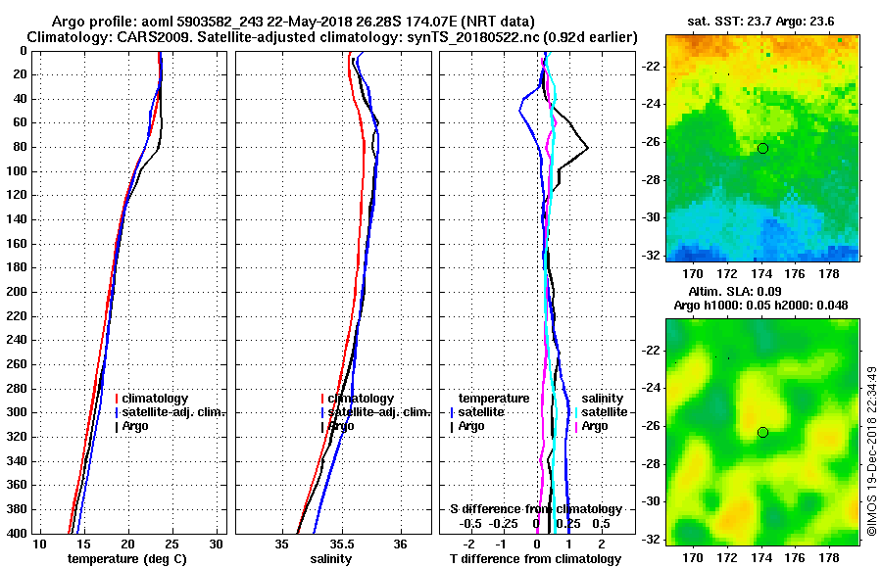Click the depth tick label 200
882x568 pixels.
tap(17, 292)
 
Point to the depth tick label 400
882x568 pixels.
tap(17, 533)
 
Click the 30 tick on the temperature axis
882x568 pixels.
tap(217, 544)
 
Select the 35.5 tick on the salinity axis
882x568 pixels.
tap(342, 544)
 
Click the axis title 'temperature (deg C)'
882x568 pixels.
tap(127, 559)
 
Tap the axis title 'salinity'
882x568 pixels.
tap(331, 559)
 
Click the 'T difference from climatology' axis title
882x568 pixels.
tap(535, 559)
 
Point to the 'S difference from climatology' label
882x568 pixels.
tap(535, 509)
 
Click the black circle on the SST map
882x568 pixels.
tap(762, 148)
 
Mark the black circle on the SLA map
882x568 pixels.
tap(762, 432)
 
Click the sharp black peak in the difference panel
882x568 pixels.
tap(587, 148)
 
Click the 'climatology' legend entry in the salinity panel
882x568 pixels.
tap(361, 399)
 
